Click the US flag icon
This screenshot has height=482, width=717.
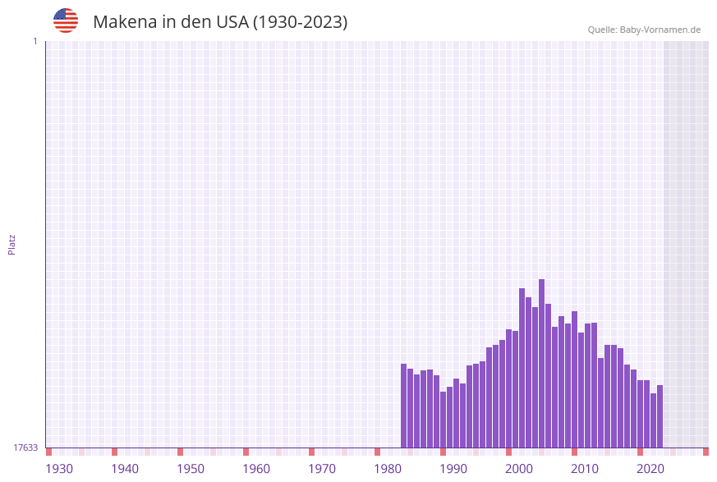point(66,21)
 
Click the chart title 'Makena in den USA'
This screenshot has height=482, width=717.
point(220,22)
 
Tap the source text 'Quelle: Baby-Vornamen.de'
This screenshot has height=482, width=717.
point(644,30)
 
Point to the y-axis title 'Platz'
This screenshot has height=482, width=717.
point(11,244)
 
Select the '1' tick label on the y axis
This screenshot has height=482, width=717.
point(35,41)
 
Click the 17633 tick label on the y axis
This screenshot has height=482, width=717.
point(25,448)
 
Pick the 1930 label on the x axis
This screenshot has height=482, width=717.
point(59,469)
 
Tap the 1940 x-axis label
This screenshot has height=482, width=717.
point(125,469)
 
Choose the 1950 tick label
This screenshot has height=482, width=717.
point(191,469)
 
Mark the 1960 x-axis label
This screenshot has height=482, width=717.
point(256,469)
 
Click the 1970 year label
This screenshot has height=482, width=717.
point(322,469)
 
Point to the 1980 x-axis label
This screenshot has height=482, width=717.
point(388,469)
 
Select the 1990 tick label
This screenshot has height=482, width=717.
point(453,469)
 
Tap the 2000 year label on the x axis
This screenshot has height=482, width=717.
point(519,469)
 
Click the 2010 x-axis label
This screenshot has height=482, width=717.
point(585,469)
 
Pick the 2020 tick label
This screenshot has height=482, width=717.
point(650,469)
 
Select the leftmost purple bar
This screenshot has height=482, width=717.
point(404,406)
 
